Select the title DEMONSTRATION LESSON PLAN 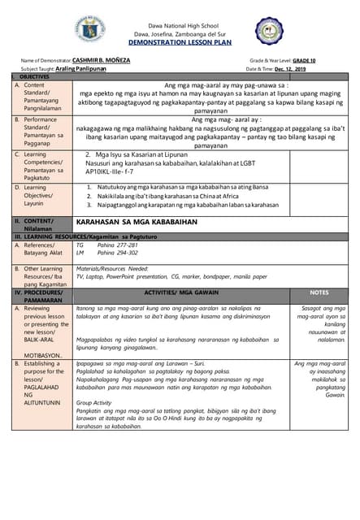180,42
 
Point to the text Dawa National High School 180,25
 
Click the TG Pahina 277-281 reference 106,245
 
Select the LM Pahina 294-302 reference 106,253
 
